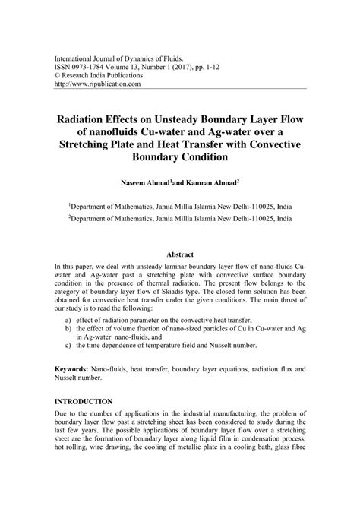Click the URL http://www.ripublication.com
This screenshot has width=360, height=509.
tap(96, 84)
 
